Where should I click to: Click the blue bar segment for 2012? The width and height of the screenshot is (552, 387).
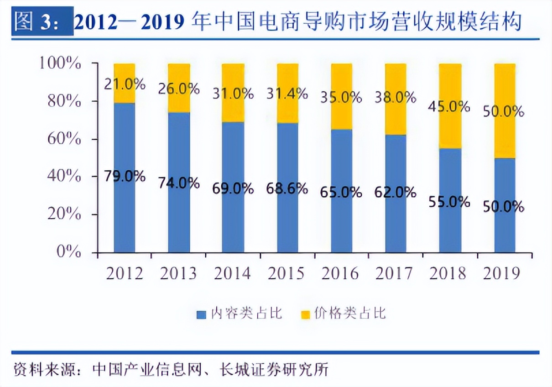click(124, 214)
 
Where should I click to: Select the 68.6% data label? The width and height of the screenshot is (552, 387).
click(287, 188)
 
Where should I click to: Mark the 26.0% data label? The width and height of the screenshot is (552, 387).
click(178, 89)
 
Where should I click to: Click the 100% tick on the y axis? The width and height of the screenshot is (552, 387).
click(60, 63)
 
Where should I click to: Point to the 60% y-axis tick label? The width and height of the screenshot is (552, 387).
click(63, 138)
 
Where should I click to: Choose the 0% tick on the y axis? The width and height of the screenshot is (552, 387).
click(69, 251)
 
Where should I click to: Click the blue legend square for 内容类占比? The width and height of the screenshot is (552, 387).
click(201, 314)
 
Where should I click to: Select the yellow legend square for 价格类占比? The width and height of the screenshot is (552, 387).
click(305, 314)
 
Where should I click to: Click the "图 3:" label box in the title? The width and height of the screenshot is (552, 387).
click(42, 21)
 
